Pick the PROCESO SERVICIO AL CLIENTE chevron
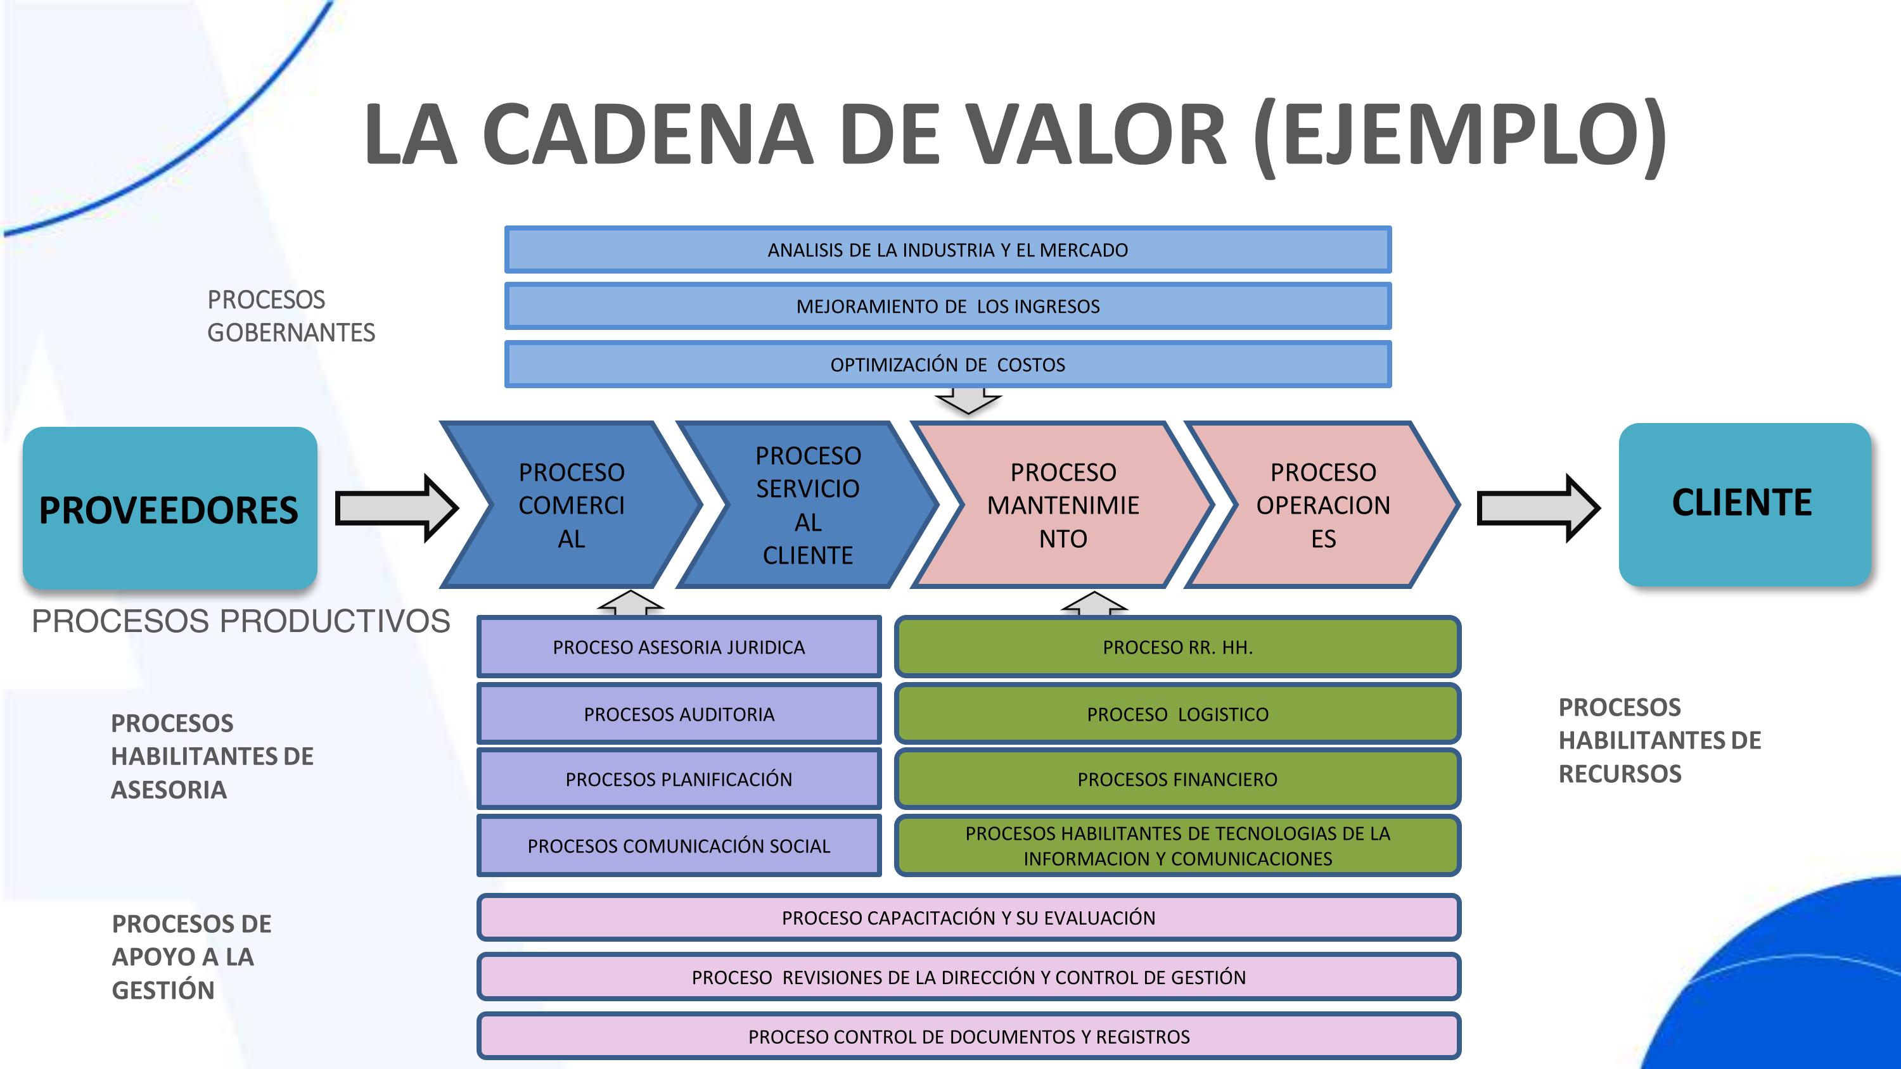click(x=807, y=505)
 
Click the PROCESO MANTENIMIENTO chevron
click(x=1063, y=505)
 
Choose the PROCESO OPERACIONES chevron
click(x=1322, y=505)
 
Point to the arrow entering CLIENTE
click(x=1537, y=507)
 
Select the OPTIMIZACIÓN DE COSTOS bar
click(x=947, y=364)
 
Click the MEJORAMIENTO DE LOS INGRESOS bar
click(x=947, y=306)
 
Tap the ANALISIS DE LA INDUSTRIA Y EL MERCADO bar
click(x=947, y=250)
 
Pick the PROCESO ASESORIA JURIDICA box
click(x=679, y=647)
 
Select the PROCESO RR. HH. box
click(x=1177, y=647)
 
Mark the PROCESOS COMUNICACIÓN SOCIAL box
click(x=679, y=845)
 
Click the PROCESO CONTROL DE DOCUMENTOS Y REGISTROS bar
click(x=968, y=1037)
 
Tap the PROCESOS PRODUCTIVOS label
click(x=241, y=621)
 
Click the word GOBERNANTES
click(x=291, y=332)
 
